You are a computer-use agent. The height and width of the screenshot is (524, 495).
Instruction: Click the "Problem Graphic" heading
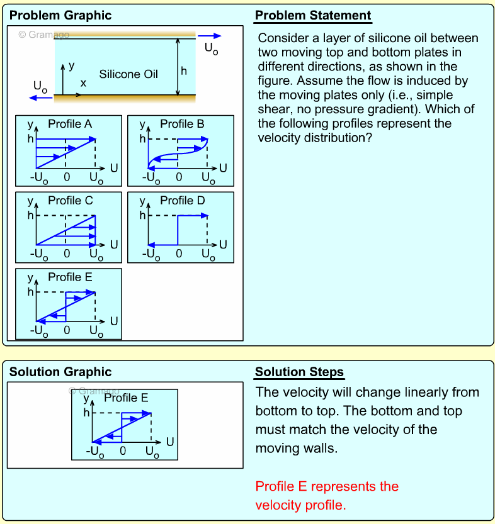tap(60, 15)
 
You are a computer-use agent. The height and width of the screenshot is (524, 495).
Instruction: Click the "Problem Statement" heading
tap(313, 15)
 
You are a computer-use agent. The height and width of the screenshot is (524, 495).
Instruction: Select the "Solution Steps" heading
tap(299, 372)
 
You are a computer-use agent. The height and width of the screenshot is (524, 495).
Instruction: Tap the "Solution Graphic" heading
tap(60, 372)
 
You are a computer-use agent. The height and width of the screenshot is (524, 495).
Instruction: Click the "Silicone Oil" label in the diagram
tap(128, 74)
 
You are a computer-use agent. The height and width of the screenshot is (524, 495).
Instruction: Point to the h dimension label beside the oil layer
tap(184, 71)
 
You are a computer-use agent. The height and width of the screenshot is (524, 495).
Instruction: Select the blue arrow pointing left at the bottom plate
tap(41, 98)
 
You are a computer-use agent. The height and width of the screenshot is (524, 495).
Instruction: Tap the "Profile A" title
tap(70, 124)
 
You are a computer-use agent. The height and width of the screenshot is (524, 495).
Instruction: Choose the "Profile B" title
tap(182, 124)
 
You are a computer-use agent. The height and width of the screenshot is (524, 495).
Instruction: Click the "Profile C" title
tap(71, 201)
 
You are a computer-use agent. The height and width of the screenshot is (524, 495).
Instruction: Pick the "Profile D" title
tap(183, 201)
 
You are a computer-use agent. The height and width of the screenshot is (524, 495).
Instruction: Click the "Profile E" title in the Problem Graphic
tap(70, 277)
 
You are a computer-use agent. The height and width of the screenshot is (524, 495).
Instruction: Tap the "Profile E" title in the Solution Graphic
tap(126, 398)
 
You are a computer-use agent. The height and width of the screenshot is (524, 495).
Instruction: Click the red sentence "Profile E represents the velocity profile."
tap(326, 496)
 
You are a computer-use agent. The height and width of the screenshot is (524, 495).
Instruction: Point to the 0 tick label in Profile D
tap(179, 254)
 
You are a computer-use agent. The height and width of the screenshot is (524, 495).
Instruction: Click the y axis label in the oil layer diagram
tap(71, 65)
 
